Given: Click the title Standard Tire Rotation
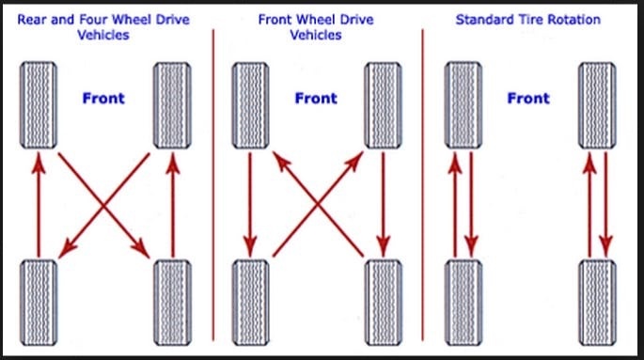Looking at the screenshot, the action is (527, 20).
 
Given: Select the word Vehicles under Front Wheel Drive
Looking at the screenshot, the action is (316, 35).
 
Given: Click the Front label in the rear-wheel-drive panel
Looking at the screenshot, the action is (103, 98).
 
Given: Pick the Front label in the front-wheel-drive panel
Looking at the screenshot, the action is (316, 98).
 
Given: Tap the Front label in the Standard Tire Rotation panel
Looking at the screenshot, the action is (528, 98).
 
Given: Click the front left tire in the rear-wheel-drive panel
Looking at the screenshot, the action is (39, 105).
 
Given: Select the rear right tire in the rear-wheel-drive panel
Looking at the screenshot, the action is (172, 303).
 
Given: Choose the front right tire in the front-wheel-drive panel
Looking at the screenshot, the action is (384, 105).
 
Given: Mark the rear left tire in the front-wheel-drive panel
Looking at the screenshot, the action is (250, 303).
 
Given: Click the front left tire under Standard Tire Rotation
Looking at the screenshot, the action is (463, 105).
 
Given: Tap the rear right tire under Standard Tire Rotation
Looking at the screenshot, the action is (597, 303).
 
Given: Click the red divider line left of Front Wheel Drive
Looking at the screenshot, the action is (213, 185).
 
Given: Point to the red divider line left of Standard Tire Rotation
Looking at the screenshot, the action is (423, 185).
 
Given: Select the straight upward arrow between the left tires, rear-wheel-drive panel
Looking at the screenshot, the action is (39, 204).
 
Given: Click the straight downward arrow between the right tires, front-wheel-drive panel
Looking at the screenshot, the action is (384, 204).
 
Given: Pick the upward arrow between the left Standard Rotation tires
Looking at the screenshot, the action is (455, 204).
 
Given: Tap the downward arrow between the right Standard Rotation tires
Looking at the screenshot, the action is (605, 204).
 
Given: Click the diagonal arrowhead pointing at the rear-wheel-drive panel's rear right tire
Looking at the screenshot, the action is (140, 248).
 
